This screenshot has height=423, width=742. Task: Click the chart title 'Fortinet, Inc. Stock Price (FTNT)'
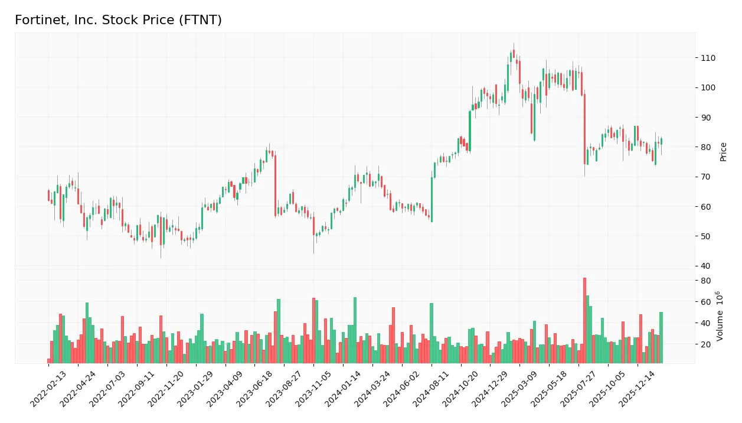pyautogui.click(x=118, y=20)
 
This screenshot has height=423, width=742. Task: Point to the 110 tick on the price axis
pyautogui.click(x=708, y=58)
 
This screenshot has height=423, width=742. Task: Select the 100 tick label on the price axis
pyautogui.click(x=708, y=87)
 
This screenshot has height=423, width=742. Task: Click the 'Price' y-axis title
pyautogui.click(x=723, y=152)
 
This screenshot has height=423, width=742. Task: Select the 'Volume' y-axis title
pyautogui.click(x=720, y=316)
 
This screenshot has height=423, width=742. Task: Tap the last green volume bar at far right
pyautogui.click(x=661, y=337)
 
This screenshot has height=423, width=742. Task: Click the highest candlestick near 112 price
pyautogui.click(x=514, y=53)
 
